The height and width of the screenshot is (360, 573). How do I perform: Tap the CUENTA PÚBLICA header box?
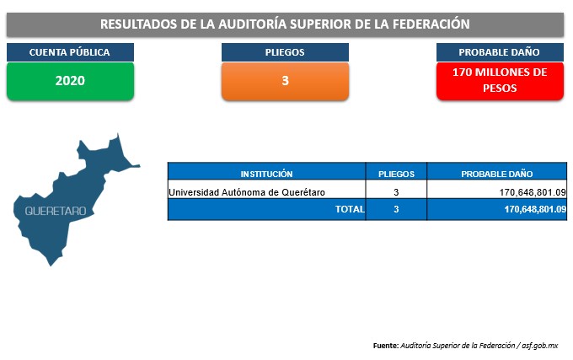click(70, 52)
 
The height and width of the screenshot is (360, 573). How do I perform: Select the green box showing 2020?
click(70, 81)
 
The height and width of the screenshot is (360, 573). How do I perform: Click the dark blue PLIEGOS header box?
click(285, 52)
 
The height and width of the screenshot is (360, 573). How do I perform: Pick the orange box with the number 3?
click(285, 81)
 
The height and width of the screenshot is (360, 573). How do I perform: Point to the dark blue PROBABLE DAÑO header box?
click(500, 52)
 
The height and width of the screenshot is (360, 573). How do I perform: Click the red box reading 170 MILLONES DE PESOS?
click(500, 81)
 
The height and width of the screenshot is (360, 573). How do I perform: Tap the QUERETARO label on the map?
click(56, 211)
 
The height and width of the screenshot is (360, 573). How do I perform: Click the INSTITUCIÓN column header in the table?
click(266, 174)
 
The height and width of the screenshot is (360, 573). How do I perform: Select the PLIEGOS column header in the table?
click(396, 174)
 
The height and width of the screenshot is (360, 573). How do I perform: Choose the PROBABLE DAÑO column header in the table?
click(497, 174)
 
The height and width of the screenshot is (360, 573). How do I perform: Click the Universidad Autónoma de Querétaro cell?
click(247, 192)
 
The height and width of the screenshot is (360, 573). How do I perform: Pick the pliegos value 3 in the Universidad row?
click(396, 192)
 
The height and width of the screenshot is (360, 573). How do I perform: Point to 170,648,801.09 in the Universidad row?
click(533, 192)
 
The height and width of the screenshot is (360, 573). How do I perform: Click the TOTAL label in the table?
click(350, 209)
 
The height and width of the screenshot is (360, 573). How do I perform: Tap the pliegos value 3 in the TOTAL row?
click(396, 209)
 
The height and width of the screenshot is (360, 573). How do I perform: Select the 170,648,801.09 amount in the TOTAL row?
click(535, 209)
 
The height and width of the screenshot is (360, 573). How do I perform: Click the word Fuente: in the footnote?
click(386, 346)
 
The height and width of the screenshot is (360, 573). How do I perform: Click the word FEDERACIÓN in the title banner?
click(431, 24)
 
